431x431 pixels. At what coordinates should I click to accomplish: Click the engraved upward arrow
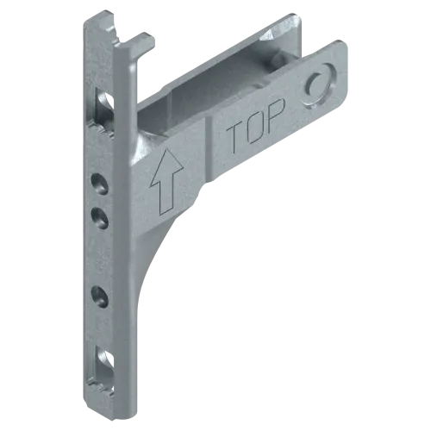166,181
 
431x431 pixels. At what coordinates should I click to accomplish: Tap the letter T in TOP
237,137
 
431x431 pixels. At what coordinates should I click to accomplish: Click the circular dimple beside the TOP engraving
318,86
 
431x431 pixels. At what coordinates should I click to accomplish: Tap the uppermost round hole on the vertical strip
99,184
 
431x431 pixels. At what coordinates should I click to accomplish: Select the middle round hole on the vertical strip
99,218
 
